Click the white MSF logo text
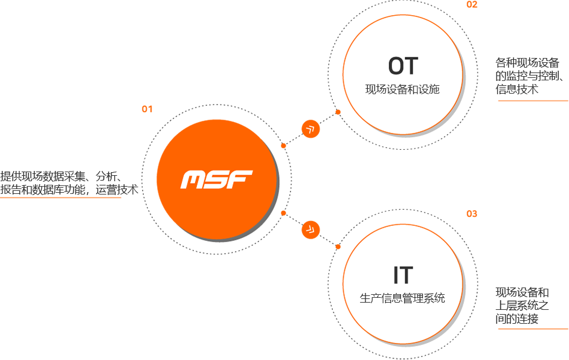click(216, 179)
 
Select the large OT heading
click(403, 66)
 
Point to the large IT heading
click(403, 275)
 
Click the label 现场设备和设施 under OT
click(402, 90)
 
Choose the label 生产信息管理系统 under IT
click(402, 298)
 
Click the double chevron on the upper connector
click(310, 128)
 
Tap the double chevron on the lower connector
click(310, 228)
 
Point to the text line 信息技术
click(518, 89)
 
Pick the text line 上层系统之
click(522, 306)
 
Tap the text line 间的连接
click(517, 318)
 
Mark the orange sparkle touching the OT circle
click(335, 111)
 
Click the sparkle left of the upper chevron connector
click(281, 145)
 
